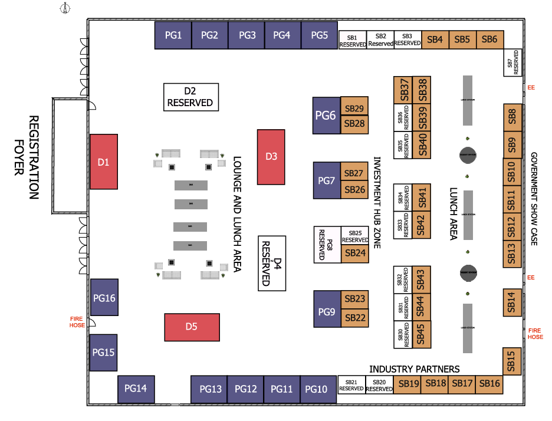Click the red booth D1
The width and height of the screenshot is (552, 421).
tap(104, 161)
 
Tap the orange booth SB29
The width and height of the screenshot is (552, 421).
tap(355, 108)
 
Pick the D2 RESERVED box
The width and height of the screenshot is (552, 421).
tap(190, 97)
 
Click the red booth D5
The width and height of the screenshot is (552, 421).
tap(191, 327)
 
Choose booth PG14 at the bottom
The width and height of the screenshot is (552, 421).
tap(136, 388)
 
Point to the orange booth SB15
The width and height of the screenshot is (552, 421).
tap(512, 360)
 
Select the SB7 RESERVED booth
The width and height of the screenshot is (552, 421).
tap(513, 62)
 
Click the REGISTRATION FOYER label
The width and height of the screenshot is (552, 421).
tap(26, 157)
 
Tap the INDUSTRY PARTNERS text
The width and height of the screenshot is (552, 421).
tap(414, 369)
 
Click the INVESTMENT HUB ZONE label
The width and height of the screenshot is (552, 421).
tap(378, 203)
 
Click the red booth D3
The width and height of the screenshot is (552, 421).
tap(271, 156)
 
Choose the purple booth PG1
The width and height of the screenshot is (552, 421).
tap(173, 35)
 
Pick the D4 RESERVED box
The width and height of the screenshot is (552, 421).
tap(272, 263)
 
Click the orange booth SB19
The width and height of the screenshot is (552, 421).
tap(408, 384)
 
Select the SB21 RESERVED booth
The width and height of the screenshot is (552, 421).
tap(351, 385)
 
